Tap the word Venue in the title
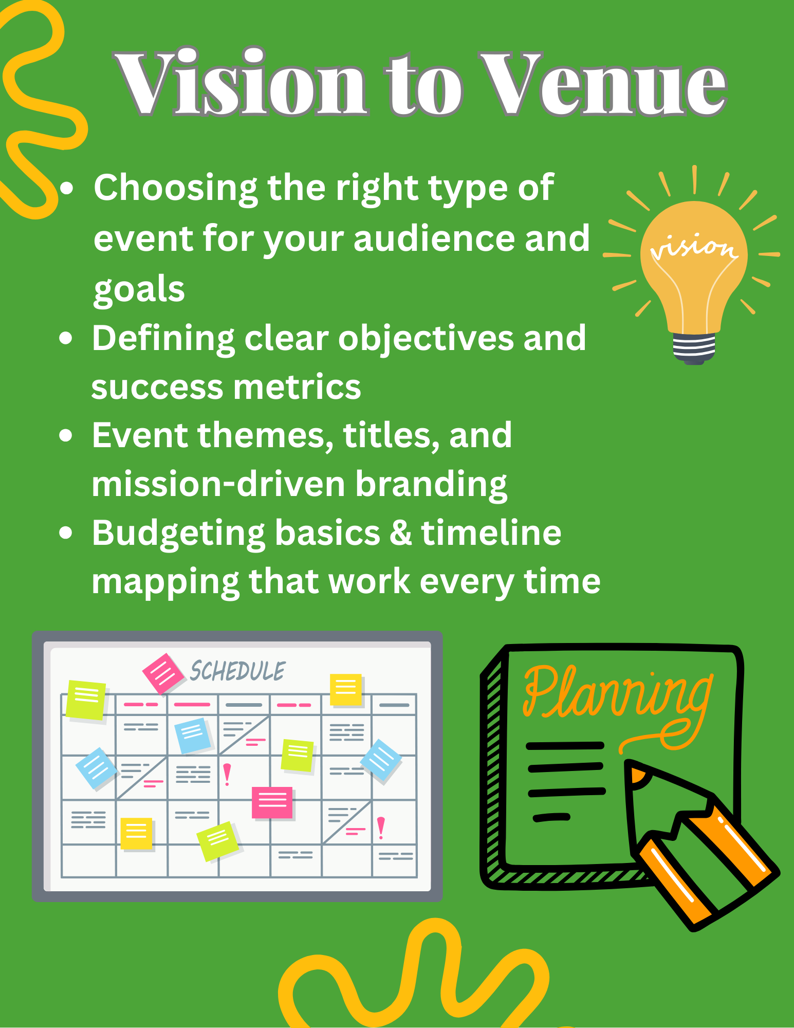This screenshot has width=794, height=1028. click(x=603, y=83)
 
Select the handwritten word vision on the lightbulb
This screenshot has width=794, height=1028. click(x=694, y=247)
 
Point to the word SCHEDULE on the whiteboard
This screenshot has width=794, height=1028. click(x=237, y=671)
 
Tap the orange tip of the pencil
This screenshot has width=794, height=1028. click(x=637, y=774)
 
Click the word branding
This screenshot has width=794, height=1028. click(x=431, y=485)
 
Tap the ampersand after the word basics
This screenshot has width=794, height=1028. click(x=401, y=533)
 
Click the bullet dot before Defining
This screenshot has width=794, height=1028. click(x=65, y=338)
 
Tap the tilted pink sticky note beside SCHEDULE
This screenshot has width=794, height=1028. click(x=163, y=673)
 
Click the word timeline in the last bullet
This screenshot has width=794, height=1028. click(x=491, y=533)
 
